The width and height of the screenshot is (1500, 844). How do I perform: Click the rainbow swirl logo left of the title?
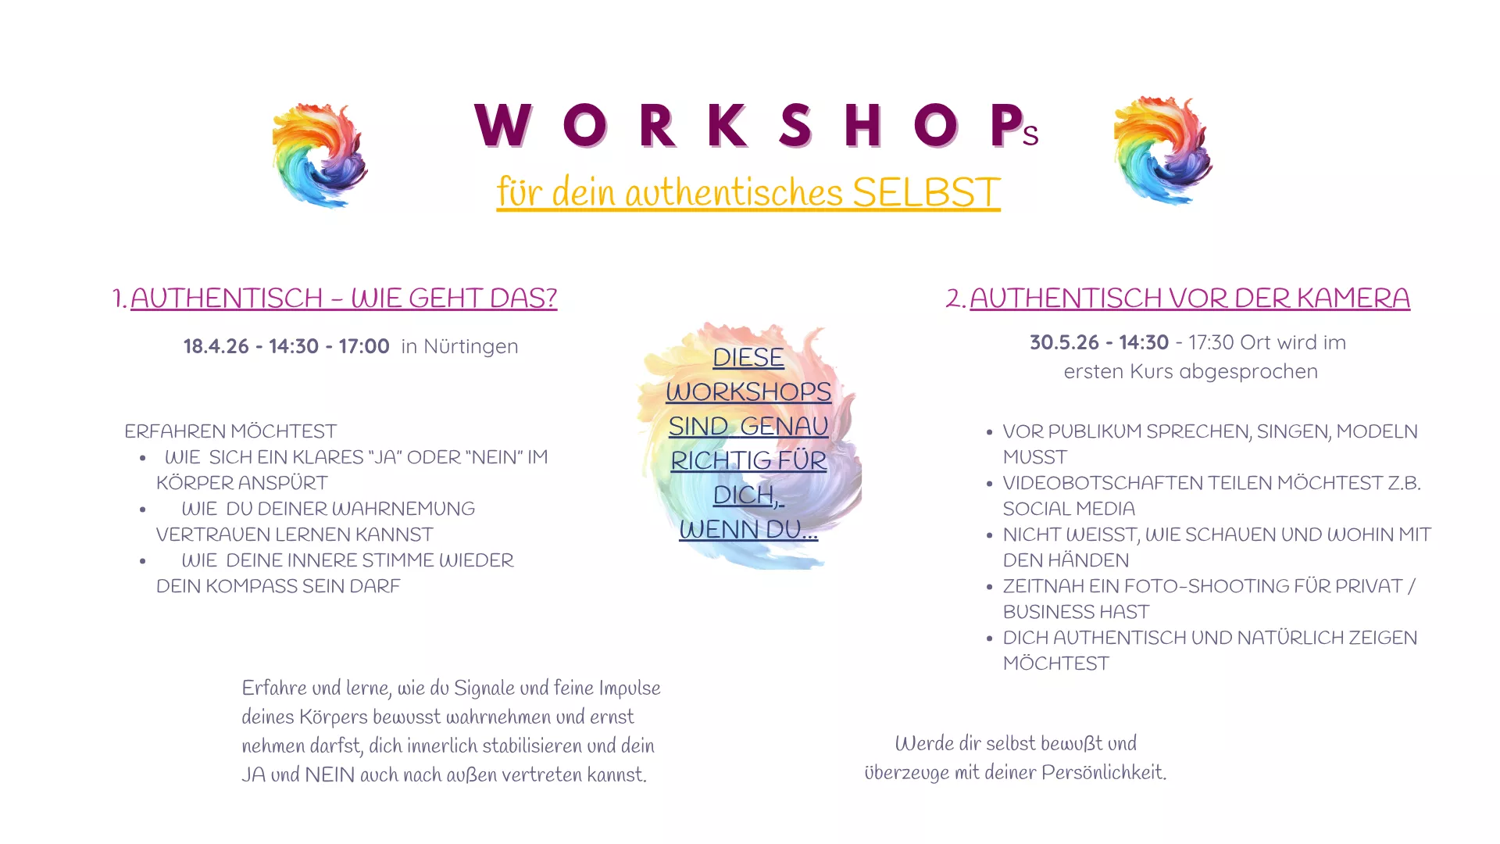[x=320, y=155]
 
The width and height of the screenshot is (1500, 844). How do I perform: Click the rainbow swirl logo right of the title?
[x=1162, y=151]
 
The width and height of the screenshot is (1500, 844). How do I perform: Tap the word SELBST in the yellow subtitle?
[x=926, y=192]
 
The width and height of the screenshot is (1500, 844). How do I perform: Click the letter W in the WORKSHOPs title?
[x=503, y=126]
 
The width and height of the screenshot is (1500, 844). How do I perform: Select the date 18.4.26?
[x=216, y=346]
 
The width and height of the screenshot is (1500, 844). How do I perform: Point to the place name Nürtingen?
[x=470, y=346]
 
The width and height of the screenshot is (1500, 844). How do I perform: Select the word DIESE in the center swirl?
[x=748, y=357]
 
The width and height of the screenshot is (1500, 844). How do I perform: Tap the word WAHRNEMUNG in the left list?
[x=403, y=509]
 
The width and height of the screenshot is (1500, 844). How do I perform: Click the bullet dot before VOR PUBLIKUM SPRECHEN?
[x=989, y=432]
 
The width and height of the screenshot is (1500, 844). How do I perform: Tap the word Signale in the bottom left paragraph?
[x=484, y=688]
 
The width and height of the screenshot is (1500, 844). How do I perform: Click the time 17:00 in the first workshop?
[x=364, y=346]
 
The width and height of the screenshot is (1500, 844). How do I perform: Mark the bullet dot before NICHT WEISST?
[x=989, y=535]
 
